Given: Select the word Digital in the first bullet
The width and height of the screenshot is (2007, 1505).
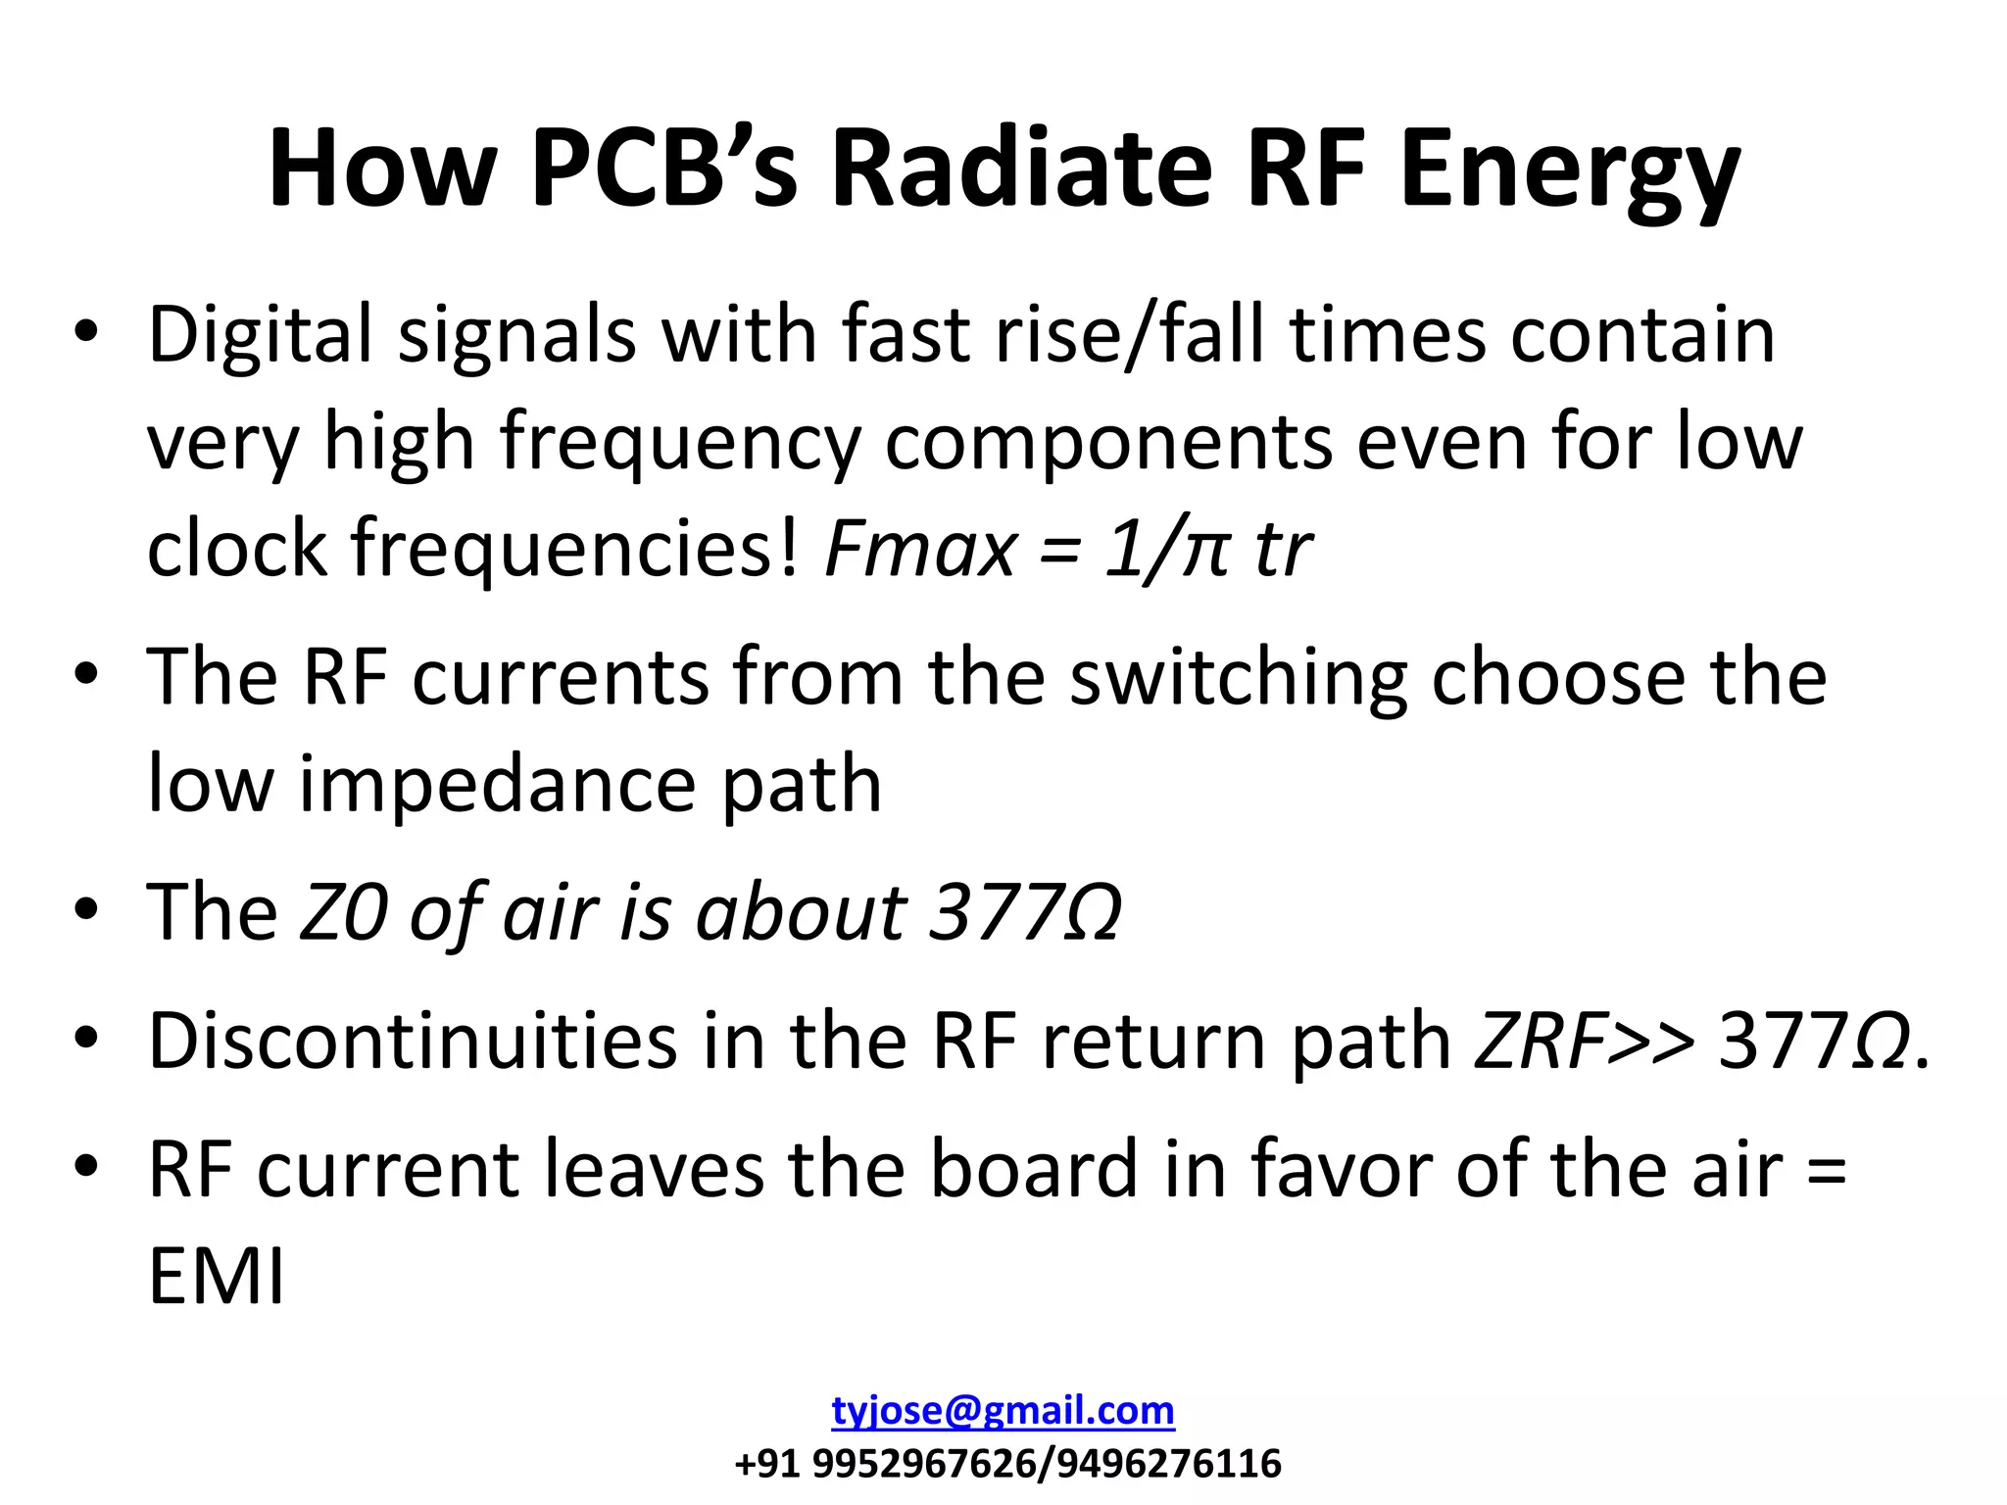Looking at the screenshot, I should pyautogui.click(x=260, y=336).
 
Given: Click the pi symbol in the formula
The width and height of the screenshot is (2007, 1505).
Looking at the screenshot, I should pyautogui.click(x=1204, y=552).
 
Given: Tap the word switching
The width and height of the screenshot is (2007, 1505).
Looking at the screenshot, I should pyautogui.click(x=1238, y=679).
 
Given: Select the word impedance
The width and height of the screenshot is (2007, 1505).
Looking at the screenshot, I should pyautogui.click(x=497, y=786).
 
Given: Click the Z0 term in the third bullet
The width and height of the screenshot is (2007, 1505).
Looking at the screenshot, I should pyautogui.click(x=342, y=912).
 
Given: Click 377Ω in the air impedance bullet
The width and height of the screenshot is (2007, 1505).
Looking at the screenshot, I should pyautogui.click(x=1025, y=912).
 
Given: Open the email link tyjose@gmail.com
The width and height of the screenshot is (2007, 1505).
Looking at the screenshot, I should pyautogui.click(x=1003, y=1411).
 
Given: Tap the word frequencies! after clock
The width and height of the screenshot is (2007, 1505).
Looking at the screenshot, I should pyautogui.click(x=576, y=549).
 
